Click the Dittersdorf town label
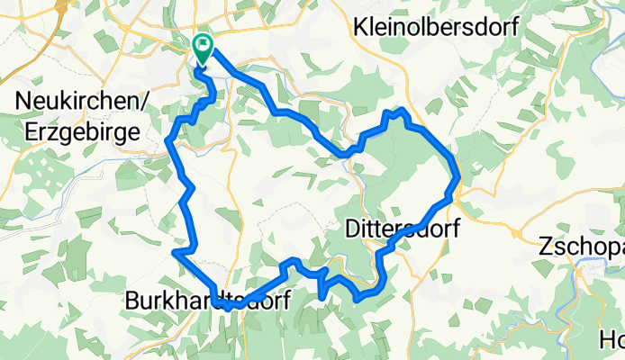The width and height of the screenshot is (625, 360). point(403,229)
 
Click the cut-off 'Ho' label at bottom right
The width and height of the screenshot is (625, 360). point(613,340)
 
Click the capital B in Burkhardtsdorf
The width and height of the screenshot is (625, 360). point(131,300)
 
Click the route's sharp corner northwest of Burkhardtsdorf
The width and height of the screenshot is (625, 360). point(173,253)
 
